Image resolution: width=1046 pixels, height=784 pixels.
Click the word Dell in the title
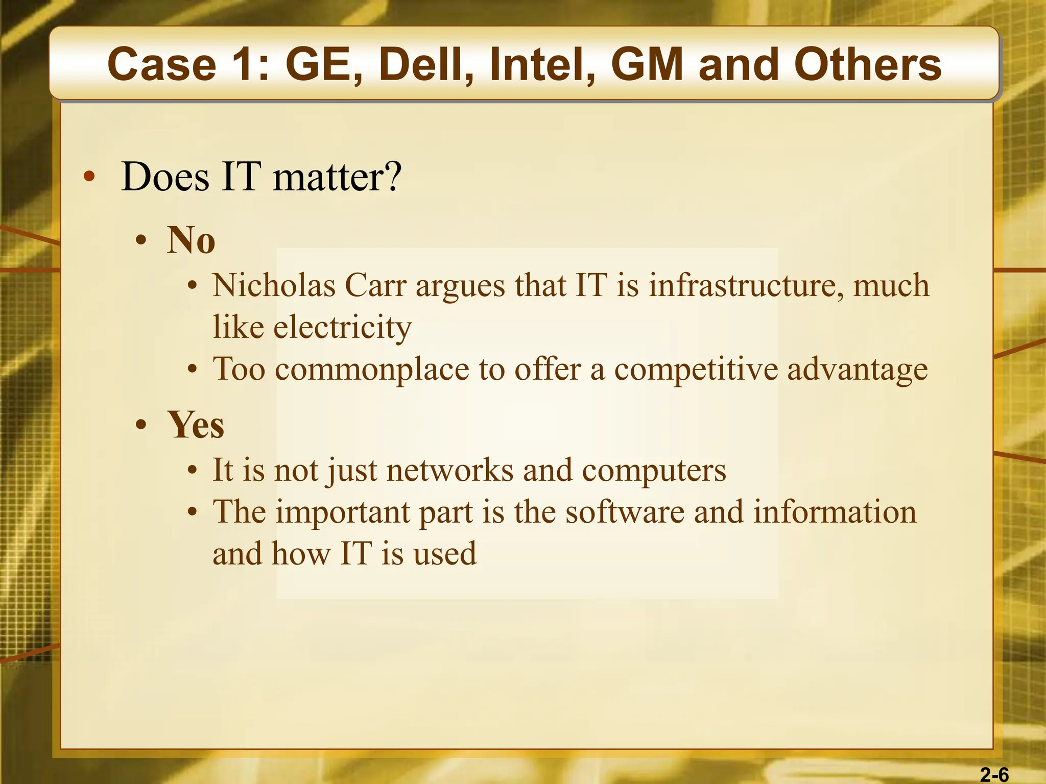click(x=425, y=64)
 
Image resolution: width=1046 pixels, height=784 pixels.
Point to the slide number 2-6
click(x=994, y=775)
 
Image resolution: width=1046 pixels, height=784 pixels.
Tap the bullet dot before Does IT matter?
click(x=89, y=177)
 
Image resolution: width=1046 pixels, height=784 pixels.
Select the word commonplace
click(x=372, y=369)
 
